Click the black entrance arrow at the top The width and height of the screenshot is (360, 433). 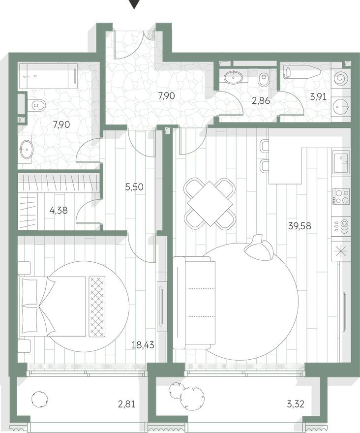133,4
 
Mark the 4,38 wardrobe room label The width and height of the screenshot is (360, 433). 59,210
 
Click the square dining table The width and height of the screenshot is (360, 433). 210,203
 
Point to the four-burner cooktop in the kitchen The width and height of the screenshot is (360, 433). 341,196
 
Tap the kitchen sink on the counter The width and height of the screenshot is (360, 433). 341,162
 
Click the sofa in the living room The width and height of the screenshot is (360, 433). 194,302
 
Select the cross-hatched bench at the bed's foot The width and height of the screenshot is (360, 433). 97,306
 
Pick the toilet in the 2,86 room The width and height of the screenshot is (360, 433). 263,76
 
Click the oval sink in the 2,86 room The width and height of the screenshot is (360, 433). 232,77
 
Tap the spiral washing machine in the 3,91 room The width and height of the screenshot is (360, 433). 341,78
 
